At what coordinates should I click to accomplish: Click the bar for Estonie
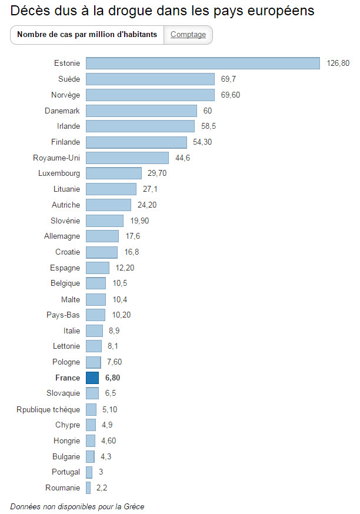(202, 64)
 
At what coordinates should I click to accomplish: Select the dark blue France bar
(92, 378)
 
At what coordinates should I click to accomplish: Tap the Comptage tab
(188, 35)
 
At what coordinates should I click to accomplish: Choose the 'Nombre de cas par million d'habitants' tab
(87, 35)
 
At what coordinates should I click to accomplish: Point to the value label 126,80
(338, 64)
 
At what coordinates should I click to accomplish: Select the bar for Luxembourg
(114, 173)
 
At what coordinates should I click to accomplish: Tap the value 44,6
(183, 158)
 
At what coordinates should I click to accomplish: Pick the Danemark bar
(141, 111)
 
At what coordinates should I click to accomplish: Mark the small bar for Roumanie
(88, 488)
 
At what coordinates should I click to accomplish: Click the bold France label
(68, 378)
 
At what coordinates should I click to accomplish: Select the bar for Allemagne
(102, 236)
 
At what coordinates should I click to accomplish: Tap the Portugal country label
(66, 472)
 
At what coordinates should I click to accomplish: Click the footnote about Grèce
(77, 506)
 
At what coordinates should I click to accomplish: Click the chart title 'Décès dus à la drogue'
(162, 11)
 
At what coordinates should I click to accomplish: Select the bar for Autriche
(108, 205)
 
